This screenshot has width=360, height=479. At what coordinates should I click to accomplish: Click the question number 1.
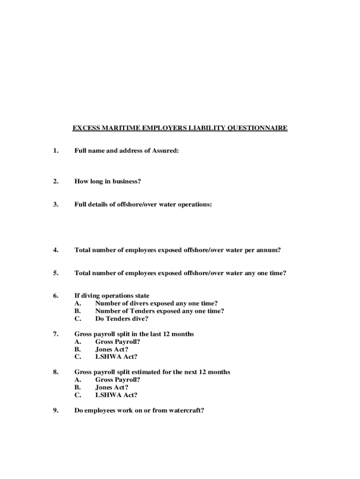click(56, 151)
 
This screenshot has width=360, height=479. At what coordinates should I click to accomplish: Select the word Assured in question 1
click(166, 151)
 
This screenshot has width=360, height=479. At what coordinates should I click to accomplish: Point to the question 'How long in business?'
click(108, 181)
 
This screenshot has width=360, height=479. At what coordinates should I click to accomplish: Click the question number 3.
click(56, 204)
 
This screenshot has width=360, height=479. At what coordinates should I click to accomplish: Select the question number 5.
click(56, 273)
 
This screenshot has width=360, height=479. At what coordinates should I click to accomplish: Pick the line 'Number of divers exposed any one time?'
click(157, 303)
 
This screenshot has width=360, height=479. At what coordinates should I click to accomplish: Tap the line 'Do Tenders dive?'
click(122, 319)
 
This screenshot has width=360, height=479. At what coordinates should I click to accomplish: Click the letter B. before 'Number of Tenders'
click(78, 311)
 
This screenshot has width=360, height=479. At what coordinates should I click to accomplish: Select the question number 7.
click(56, 334)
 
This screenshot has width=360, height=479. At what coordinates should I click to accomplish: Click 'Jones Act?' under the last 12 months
click(112, 349)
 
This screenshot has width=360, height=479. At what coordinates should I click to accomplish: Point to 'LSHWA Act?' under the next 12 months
click(116, 395)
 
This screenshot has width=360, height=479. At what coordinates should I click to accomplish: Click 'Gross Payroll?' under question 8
click(118, 379)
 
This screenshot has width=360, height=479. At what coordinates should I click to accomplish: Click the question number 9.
click(56, 412)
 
